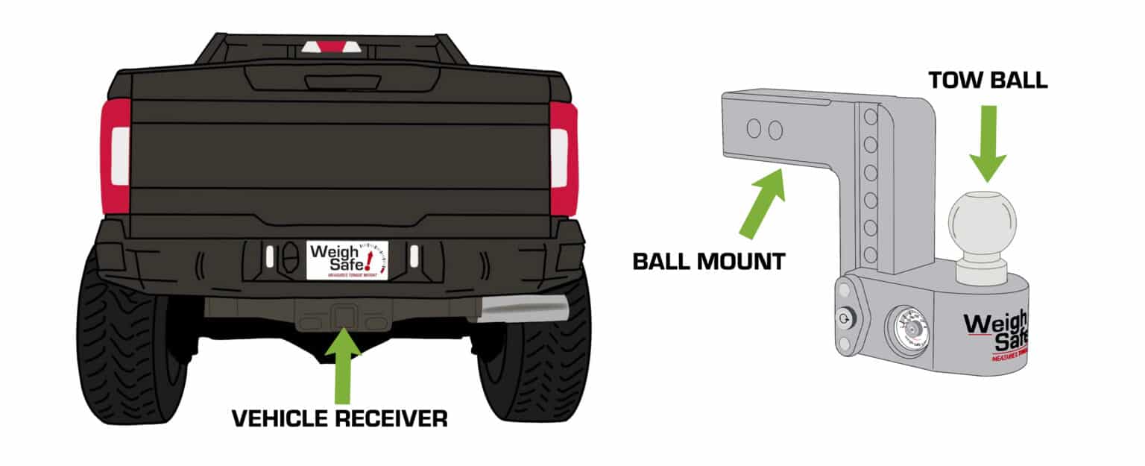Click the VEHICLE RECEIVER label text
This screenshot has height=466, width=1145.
pyautogui.click(x=339, y=418)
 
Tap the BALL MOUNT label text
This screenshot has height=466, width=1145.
pyautogui.click(x=708, y=261)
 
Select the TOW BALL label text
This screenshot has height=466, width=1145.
pyautogui.click(x=988, y=81)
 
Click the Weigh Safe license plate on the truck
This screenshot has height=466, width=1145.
pyautogui.click(x=347, y=259)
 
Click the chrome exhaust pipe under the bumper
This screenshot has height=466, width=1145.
pyautogui.click(x=522, y=308)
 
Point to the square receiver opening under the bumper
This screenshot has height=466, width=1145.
pyautogui.click(x=344, y=315)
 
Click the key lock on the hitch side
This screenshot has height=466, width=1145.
pyautogui.click(x=843, y=316)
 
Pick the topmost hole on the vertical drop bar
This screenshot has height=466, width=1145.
pyautogui.click(x=869, y=117)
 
